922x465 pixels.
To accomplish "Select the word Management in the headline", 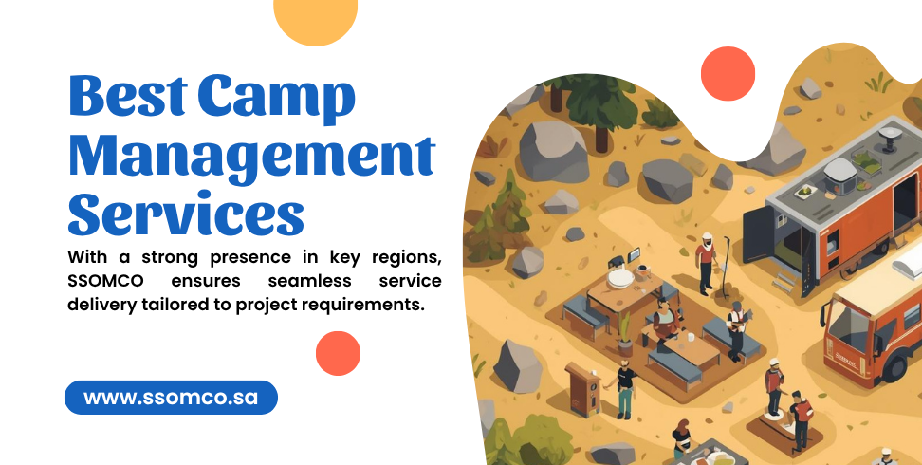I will (x=252, y=157).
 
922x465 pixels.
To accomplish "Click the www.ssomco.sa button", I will (x=171, y=398).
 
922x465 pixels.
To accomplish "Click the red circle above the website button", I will (x=338, y=353).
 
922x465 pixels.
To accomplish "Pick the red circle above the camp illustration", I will (x=728, y=73).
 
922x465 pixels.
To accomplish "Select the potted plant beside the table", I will (x=625, y=333).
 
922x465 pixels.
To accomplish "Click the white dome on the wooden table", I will (x=620, y=277).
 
